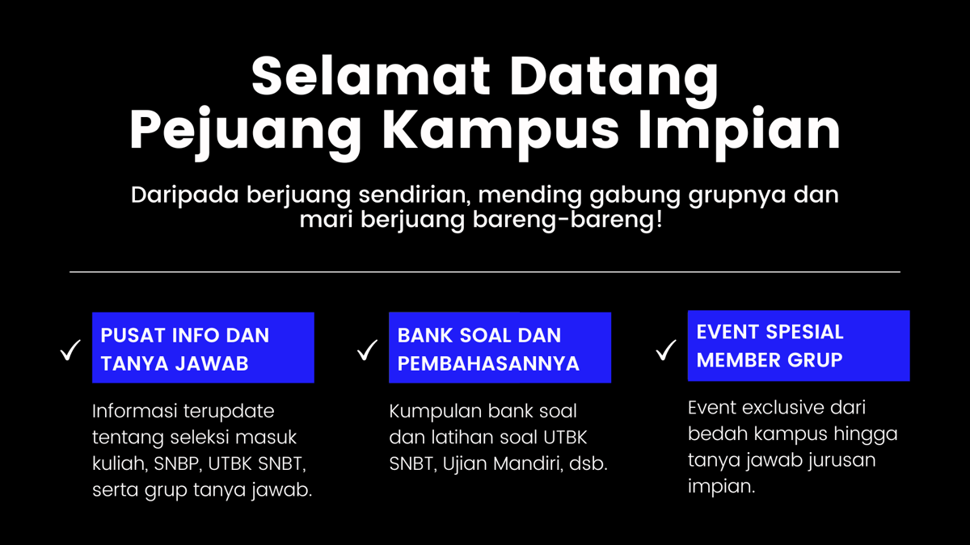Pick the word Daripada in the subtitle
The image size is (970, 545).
[x=183, y=196]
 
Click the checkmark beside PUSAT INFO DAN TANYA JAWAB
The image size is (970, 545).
[x=70, y=351]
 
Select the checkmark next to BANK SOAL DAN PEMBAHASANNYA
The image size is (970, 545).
[x=368, y=350]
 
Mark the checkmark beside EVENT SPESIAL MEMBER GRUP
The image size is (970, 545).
[x=666, y=350]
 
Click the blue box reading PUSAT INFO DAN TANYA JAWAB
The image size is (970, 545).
[x=203, y=348]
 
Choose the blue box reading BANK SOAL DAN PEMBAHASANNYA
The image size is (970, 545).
[x=500, y=348]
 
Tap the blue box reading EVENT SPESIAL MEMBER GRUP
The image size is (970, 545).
[x=799, y=346]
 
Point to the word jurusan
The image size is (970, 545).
[x=833, y=461]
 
